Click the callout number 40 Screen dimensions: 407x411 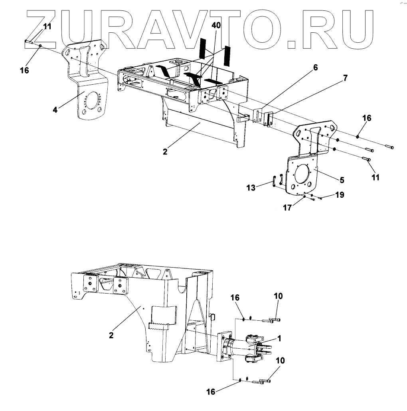click(x=216, y=25)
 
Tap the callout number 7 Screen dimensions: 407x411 click(x=345, y=77)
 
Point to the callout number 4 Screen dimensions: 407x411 click(x=55, y=109)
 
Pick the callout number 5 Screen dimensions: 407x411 click(x=342, y=180)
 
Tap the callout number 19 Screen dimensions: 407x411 click(x=340, y=195)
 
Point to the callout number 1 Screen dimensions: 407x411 click(x=279, y=338)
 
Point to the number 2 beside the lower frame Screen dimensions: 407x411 click(x=111, y=335)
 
